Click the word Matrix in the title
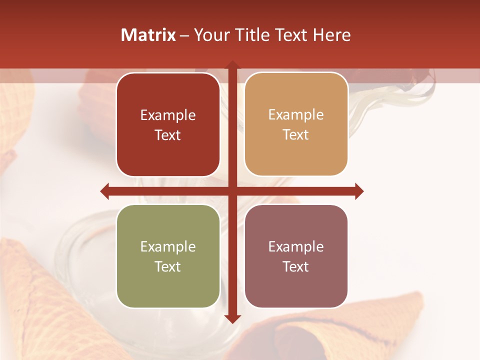tap(148, 35)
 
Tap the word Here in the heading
tap(331, 35)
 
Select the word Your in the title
tap(209, 35)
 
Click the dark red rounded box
tap(168, 124)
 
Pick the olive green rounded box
tap(168, 256)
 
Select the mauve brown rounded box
tap(296, 256)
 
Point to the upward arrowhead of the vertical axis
tap(232, 65)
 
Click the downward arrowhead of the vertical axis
tap(232, 319)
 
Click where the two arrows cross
tap(232, 191)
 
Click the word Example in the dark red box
tap(168, 115)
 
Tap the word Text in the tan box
tap(296, 135)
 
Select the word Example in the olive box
tap(168, 247)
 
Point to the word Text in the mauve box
tap(296, 266)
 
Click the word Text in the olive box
tap(168, 266)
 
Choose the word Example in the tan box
tap(296, 115)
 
